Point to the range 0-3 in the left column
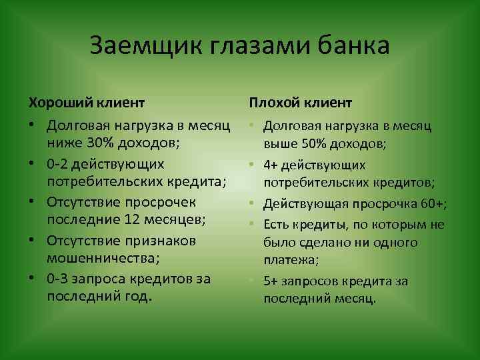pos(59,278)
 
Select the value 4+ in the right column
pos(271,164)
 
